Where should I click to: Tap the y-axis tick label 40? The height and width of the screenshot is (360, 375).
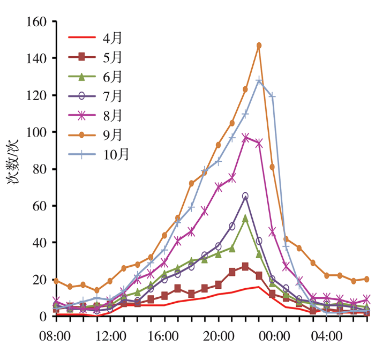(39, 243)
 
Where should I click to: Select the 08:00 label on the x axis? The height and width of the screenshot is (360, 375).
(56, 337)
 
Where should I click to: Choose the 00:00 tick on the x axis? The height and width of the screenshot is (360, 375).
(273, 337)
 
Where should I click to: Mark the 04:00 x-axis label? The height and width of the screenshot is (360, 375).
(327, 337)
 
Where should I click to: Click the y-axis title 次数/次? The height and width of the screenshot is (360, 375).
(14, 169)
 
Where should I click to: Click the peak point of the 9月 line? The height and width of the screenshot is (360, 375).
(259, 46)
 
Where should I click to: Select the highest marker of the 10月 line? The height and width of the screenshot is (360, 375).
(259, 80)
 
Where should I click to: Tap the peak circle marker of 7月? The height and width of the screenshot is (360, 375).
(245, 196)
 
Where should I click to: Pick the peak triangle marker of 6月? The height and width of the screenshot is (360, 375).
(245, 219)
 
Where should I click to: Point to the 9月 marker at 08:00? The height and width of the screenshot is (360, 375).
(56, 281)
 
